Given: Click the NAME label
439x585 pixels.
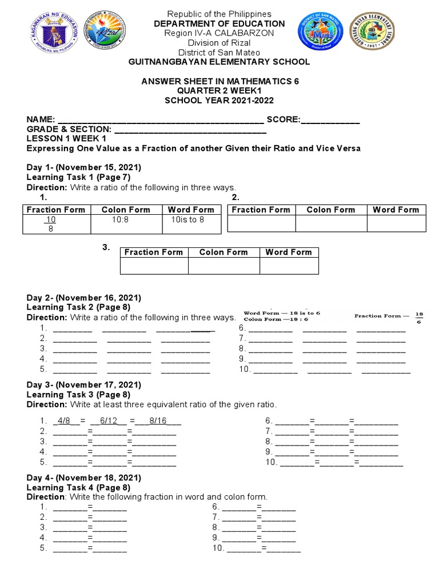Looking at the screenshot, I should [x=40, y=119].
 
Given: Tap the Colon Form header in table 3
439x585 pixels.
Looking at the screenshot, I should [x=224, y=252].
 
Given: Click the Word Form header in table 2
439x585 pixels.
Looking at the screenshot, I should [x=396, y=210].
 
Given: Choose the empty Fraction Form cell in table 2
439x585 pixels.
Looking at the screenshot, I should [x=261, y=223].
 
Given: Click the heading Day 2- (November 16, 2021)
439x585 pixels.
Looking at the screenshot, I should [x=84, y=298].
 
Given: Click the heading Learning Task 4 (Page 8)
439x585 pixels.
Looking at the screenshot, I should [x=79, y=487].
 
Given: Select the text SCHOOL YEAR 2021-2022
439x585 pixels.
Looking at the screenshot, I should [x=220, y=101].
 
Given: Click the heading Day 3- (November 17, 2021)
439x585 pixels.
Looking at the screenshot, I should [x=84, y=385].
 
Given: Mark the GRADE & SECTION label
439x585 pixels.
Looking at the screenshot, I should [x=69, y=130].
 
